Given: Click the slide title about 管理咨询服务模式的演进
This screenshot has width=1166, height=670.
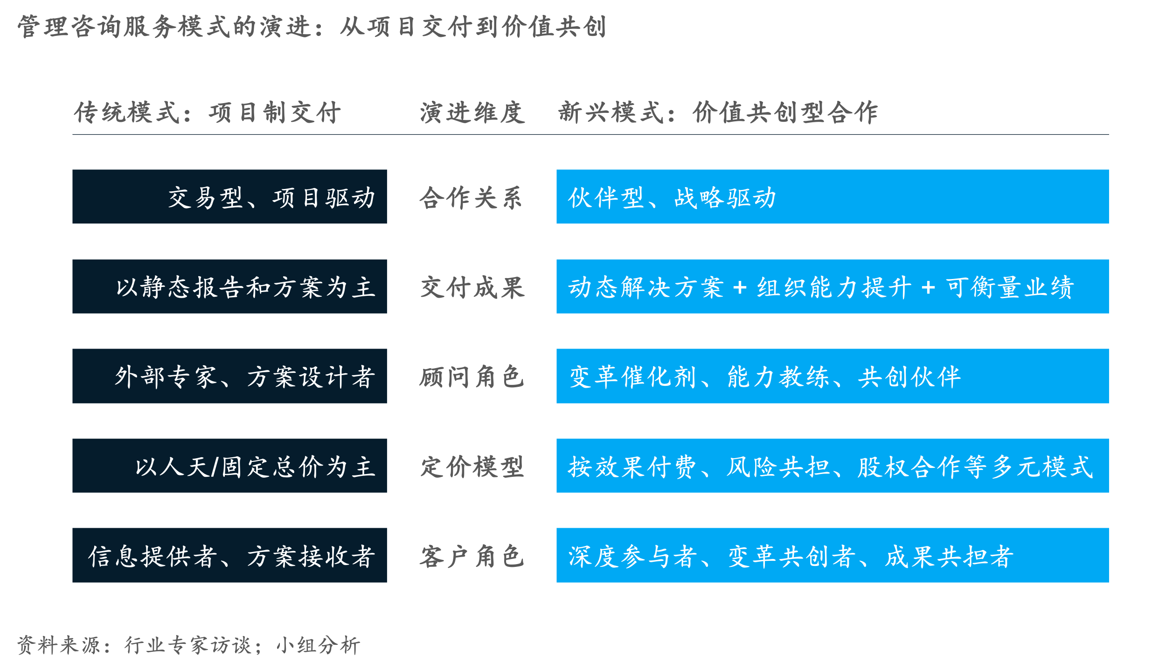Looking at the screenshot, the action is click(x=312, y=27).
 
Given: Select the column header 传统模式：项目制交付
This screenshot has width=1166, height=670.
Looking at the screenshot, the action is click(x=208, y=112).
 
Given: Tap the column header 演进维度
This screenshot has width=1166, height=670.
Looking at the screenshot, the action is click(x=472, y=112).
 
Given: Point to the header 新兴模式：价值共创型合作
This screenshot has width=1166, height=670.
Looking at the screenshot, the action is click(x=718, y=112).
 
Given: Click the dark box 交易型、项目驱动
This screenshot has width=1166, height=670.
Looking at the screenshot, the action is click(x=229, y=196).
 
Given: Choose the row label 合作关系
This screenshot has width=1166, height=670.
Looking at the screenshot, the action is click(x=471, y=198).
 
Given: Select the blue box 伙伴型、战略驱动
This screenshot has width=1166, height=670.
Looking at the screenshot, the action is click(x=833, y=196).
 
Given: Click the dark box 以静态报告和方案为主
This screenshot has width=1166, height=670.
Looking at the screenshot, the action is click(x=229, y=286).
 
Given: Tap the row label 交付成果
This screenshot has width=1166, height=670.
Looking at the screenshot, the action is click(x=472, y=287).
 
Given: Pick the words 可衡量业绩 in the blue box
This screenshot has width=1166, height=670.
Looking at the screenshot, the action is click(x=1010, y=287).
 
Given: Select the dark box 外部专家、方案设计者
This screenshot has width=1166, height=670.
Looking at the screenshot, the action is click(x=229, y=376).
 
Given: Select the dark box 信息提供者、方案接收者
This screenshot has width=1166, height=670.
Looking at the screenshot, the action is click(x=229, y=555).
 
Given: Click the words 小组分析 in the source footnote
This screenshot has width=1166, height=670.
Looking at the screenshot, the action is click(x=319, y=645).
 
